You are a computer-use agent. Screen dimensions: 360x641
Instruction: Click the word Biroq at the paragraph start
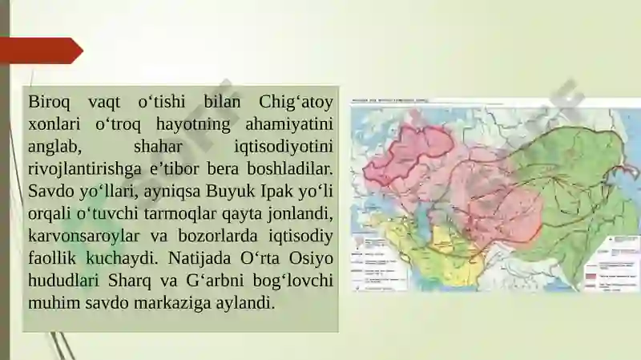(50, 103)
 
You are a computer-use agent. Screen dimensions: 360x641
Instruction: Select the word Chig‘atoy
(296, 103)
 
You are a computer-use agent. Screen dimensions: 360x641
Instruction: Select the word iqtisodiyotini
(284, 148)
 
